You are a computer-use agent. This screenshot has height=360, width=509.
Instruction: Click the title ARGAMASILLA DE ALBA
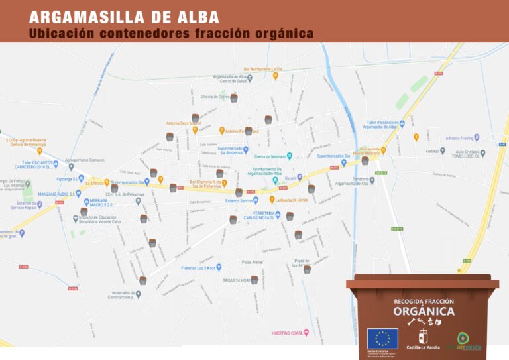coord(125,17)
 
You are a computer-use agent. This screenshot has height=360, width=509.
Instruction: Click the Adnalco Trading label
coord(461,138)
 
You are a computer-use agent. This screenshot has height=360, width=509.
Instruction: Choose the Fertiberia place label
coord(435,151)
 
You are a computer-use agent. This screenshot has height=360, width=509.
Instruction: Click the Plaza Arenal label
coord(252,261)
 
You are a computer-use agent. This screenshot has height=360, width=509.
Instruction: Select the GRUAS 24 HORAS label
coord(236,280)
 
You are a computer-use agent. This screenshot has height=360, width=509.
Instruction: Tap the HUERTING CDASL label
coord(287,333)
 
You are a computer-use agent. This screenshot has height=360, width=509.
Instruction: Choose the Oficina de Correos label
coord(215,97)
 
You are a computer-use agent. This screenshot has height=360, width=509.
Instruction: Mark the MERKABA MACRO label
coord(99,202)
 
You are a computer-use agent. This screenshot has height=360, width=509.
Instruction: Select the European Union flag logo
coord(382,338)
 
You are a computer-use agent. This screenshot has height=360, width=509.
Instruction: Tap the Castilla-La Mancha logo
coord(423,339)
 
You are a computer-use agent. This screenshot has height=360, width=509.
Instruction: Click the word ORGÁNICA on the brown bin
coord(424,311)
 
